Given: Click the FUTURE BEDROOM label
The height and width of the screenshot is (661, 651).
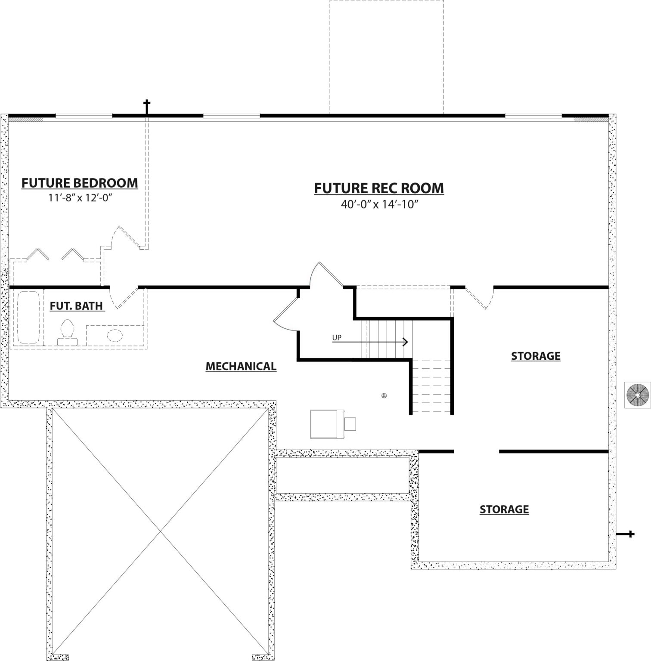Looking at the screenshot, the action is (80, 183).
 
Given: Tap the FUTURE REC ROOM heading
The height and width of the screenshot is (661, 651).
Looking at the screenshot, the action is (379, 188).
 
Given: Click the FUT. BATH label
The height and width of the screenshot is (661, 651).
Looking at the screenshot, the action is (77, 306).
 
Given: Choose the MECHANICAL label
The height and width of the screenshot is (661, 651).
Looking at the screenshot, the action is (241, 367).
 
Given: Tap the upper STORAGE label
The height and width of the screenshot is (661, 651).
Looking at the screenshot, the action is (536, 356).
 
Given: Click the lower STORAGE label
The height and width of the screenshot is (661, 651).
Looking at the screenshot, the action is (504, 510).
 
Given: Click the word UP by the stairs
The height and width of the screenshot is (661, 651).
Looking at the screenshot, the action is (337, 338).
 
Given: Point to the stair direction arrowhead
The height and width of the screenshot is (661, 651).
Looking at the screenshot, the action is (406, 342).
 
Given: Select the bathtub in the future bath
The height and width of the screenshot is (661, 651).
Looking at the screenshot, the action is (29, 318).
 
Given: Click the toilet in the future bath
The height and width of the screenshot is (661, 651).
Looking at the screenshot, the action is (68, 333).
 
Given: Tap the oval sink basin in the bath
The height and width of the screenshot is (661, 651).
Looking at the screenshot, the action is (115, 335).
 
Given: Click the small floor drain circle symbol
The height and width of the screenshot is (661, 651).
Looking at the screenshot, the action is (384, 395).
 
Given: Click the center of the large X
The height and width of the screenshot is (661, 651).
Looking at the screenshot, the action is (161, 532).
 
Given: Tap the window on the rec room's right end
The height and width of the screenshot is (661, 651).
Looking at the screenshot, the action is (533, 115).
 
